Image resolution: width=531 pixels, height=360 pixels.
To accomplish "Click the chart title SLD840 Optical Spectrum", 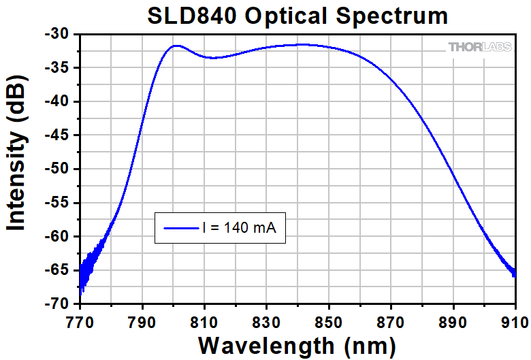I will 298,16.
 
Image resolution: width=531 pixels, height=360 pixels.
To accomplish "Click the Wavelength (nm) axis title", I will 297,345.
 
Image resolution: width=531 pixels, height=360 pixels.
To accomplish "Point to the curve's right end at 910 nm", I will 514,275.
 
